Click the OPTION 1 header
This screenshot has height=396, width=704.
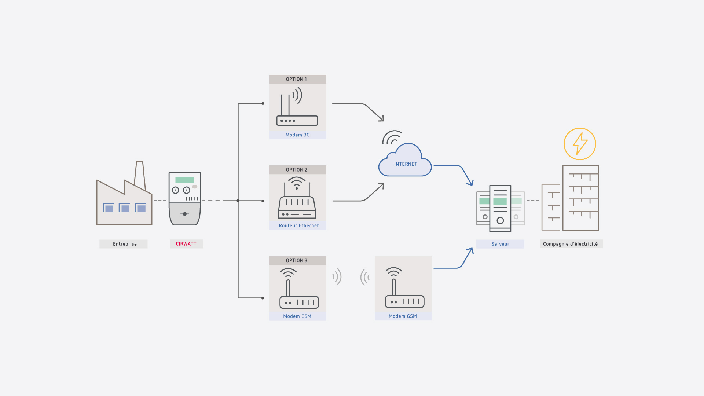(x=297, y=79)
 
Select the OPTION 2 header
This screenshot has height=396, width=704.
(x=297, y=170)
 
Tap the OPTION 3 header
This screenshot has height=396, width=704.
(x=297, y=261)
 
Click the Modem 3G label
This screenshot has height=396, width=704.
(x=297, y=135)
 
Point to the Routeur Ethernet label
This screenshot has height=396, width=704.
(x=298, y=225)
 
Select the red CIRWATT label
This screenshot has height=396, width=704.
(x=186, y=244)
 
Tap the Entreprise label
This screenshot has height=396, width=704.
(x=124, y=244)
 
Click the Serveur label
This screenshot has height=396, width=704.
(x=500, y=244)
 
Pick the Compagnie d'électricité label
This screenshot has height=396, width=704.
(x=571, y=244)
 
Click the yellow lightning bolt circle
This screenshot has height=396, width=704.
(x=580, y=144)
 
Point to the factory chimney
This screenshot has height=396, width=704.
(x=140, y=174)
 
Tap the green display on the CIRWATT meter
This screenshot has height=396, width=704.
(x=184, y=180)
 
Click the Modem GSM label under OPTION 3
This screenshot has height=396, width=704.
(x=297, y=316)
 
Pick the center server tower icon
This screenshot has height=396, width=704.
(x=500, y=208)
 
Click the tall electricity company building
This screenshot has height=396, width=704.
(x=580, y=198)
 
